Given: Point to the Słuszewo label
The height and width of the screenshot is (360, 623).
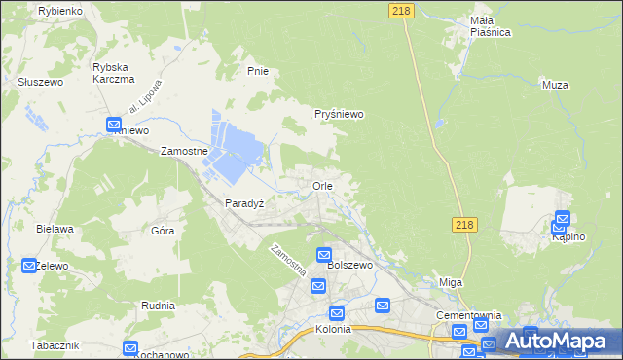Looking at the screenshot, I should pos(40,83).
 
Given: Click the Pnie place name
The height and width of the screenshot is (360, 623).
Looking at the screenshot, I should pos(258,71).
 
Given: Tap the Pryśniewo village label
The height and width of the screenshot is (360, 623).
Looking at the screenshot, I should pos(339,114).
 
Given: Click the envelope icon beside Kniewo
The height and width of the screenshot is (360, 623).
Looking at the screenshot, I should pos(113,125).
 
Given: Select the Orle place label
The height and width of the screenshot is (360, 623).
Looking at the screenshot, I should pos(323,185).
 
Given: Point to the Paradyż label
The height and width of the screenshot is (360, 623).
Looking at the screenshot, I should pos(245,203).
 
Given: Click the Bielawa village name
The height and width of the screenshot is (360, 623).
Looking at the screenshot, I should pos(55,229).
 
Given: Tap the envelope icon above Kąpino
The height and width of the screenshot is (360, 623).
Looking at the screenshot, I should pos(563,220).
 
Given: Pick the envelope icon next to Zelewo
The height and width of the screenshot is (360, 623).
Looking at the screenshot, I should pos(29,265).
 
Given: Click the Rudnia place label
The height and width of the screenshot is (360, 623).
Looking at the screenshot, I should pos(158,305).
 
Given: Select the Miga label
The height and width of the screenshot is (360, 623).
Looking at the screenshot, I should pos(451,282).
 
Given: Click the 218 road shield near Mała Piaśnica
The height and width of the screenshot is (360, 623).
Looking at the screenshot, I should pos(399,10).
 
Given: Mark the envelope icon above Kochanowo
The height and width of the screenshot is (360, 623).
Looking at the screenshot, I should pos(130,348).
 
